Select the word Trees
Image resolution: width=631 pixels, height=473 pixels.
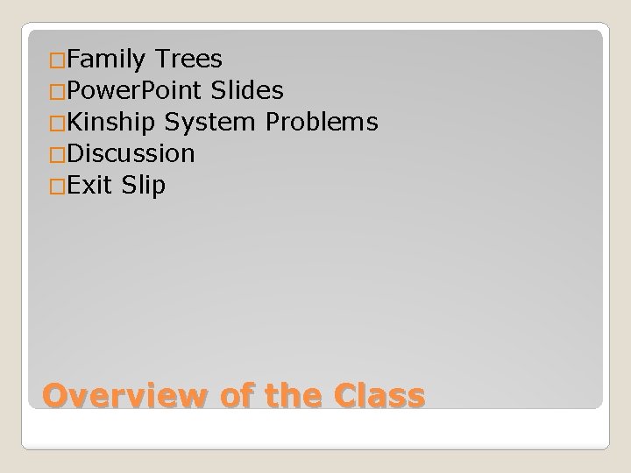click(188, 60)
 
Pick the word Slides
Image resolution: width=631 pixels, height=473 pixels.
click(246, 91)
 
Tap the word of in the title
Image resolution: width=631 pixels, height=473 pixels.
click(231, 396)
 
